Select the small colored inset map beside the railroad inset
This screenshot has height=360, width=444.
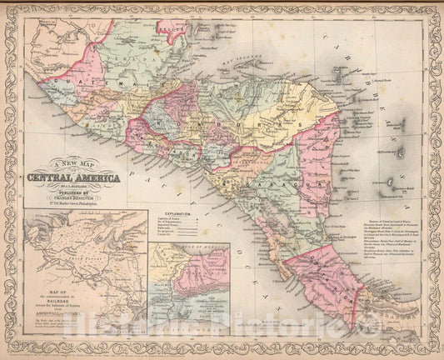(189, 292)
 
